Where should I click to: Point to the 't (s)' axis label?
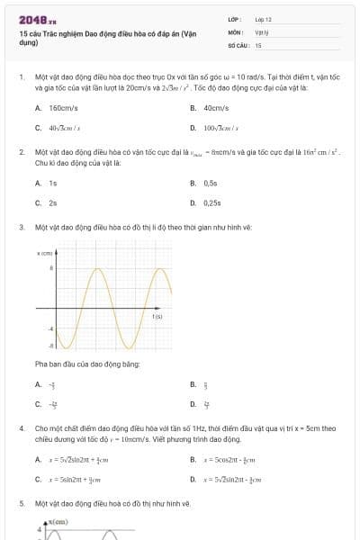coord(157,316)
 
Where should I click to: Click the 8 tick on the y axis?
coord(51,268)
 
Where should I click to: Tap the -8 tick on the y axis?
coord(50,345)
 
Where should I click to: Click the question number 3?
coord(22,228)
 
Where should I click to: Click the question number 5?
coord(22,504)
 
